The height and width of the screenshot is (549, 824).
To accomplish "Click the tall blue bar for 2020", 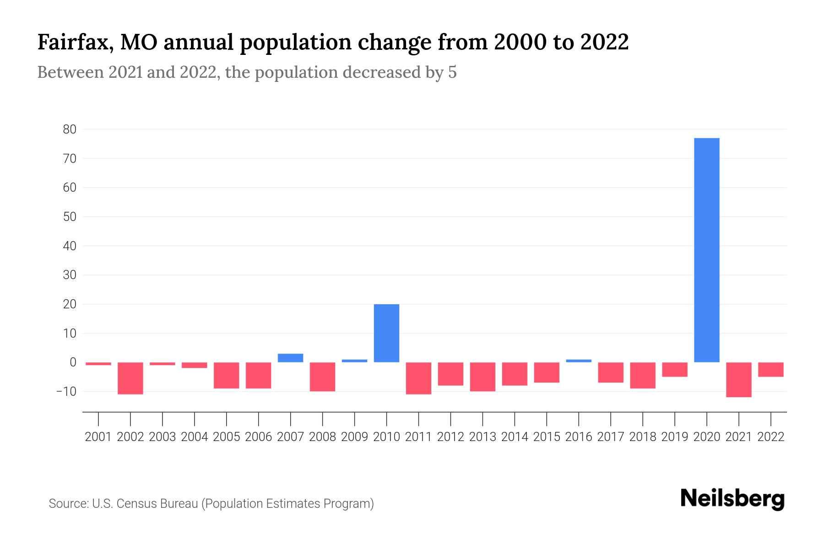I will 707,250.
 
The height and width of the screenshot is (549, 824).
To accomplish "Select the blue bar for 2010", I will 386,333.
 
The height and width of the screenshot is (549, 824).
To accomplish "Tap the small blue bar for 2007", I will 290,358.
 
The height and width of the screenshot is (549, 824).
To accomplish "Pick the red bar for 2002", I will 130,378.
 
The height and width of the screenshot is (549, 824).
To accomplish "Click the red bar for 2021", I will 739,379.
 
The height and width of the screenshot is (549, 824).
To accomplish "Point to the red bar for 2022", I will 771,369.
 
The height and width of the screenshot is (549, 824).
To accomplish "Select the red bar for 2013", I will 482,377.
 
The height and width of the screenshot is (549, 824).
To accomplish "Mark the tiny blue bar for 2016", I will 579,361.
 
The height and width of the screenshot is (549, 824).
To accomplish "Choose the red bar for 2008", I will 322,377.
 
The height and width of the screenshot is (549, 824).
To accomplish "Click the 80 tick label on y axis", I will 70,129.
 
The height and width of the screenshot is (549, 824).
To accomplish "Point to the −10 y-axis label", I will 66,392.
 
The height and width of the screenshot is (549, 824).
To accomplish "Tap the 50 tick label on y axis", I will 70,217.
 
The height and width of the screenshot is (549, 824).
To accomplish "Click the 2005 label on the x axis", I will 227,437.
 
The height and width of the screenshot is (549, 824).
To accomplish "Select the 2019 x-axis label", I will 675,437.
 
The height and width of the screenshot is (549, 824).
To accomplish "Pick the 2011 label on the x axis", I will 418,437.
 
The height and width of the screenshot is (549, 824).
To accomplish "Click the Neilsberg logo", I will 732,499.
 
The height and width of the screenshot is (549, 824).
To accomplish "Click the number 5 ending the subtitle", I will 452,72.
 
